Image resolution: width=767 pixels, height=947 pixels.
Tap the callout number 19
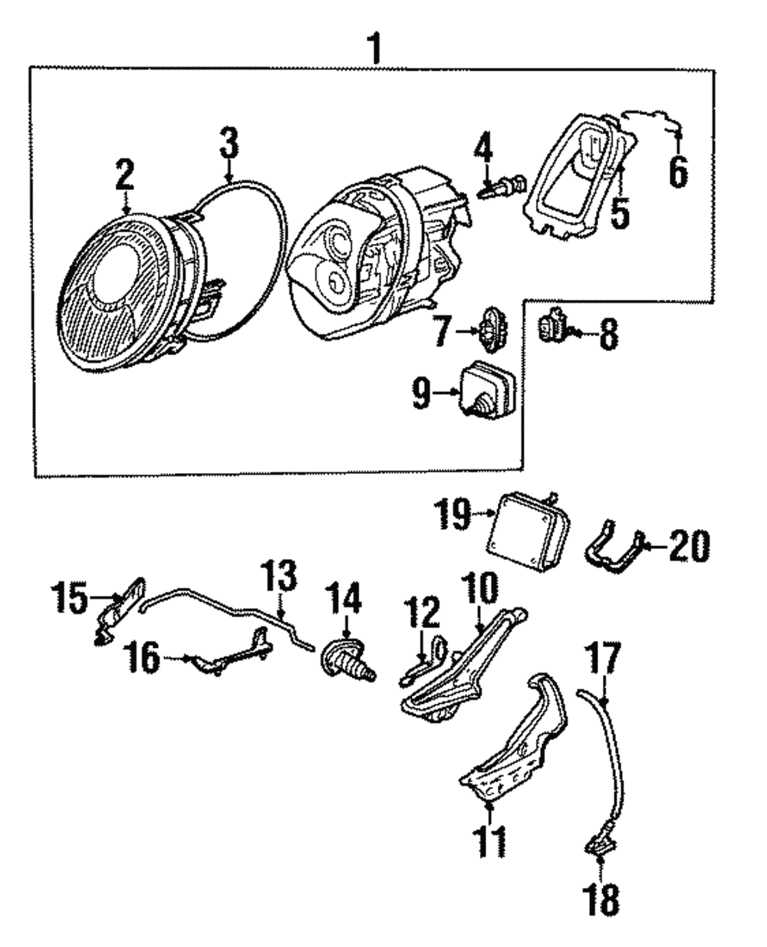452,515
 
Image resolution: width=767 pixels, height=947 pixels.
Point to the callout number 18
603,902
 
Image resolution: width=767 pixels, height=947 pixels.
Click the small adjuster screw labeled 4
502,186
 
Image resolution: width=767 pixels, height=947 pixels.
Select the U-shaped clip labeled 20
614,549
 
